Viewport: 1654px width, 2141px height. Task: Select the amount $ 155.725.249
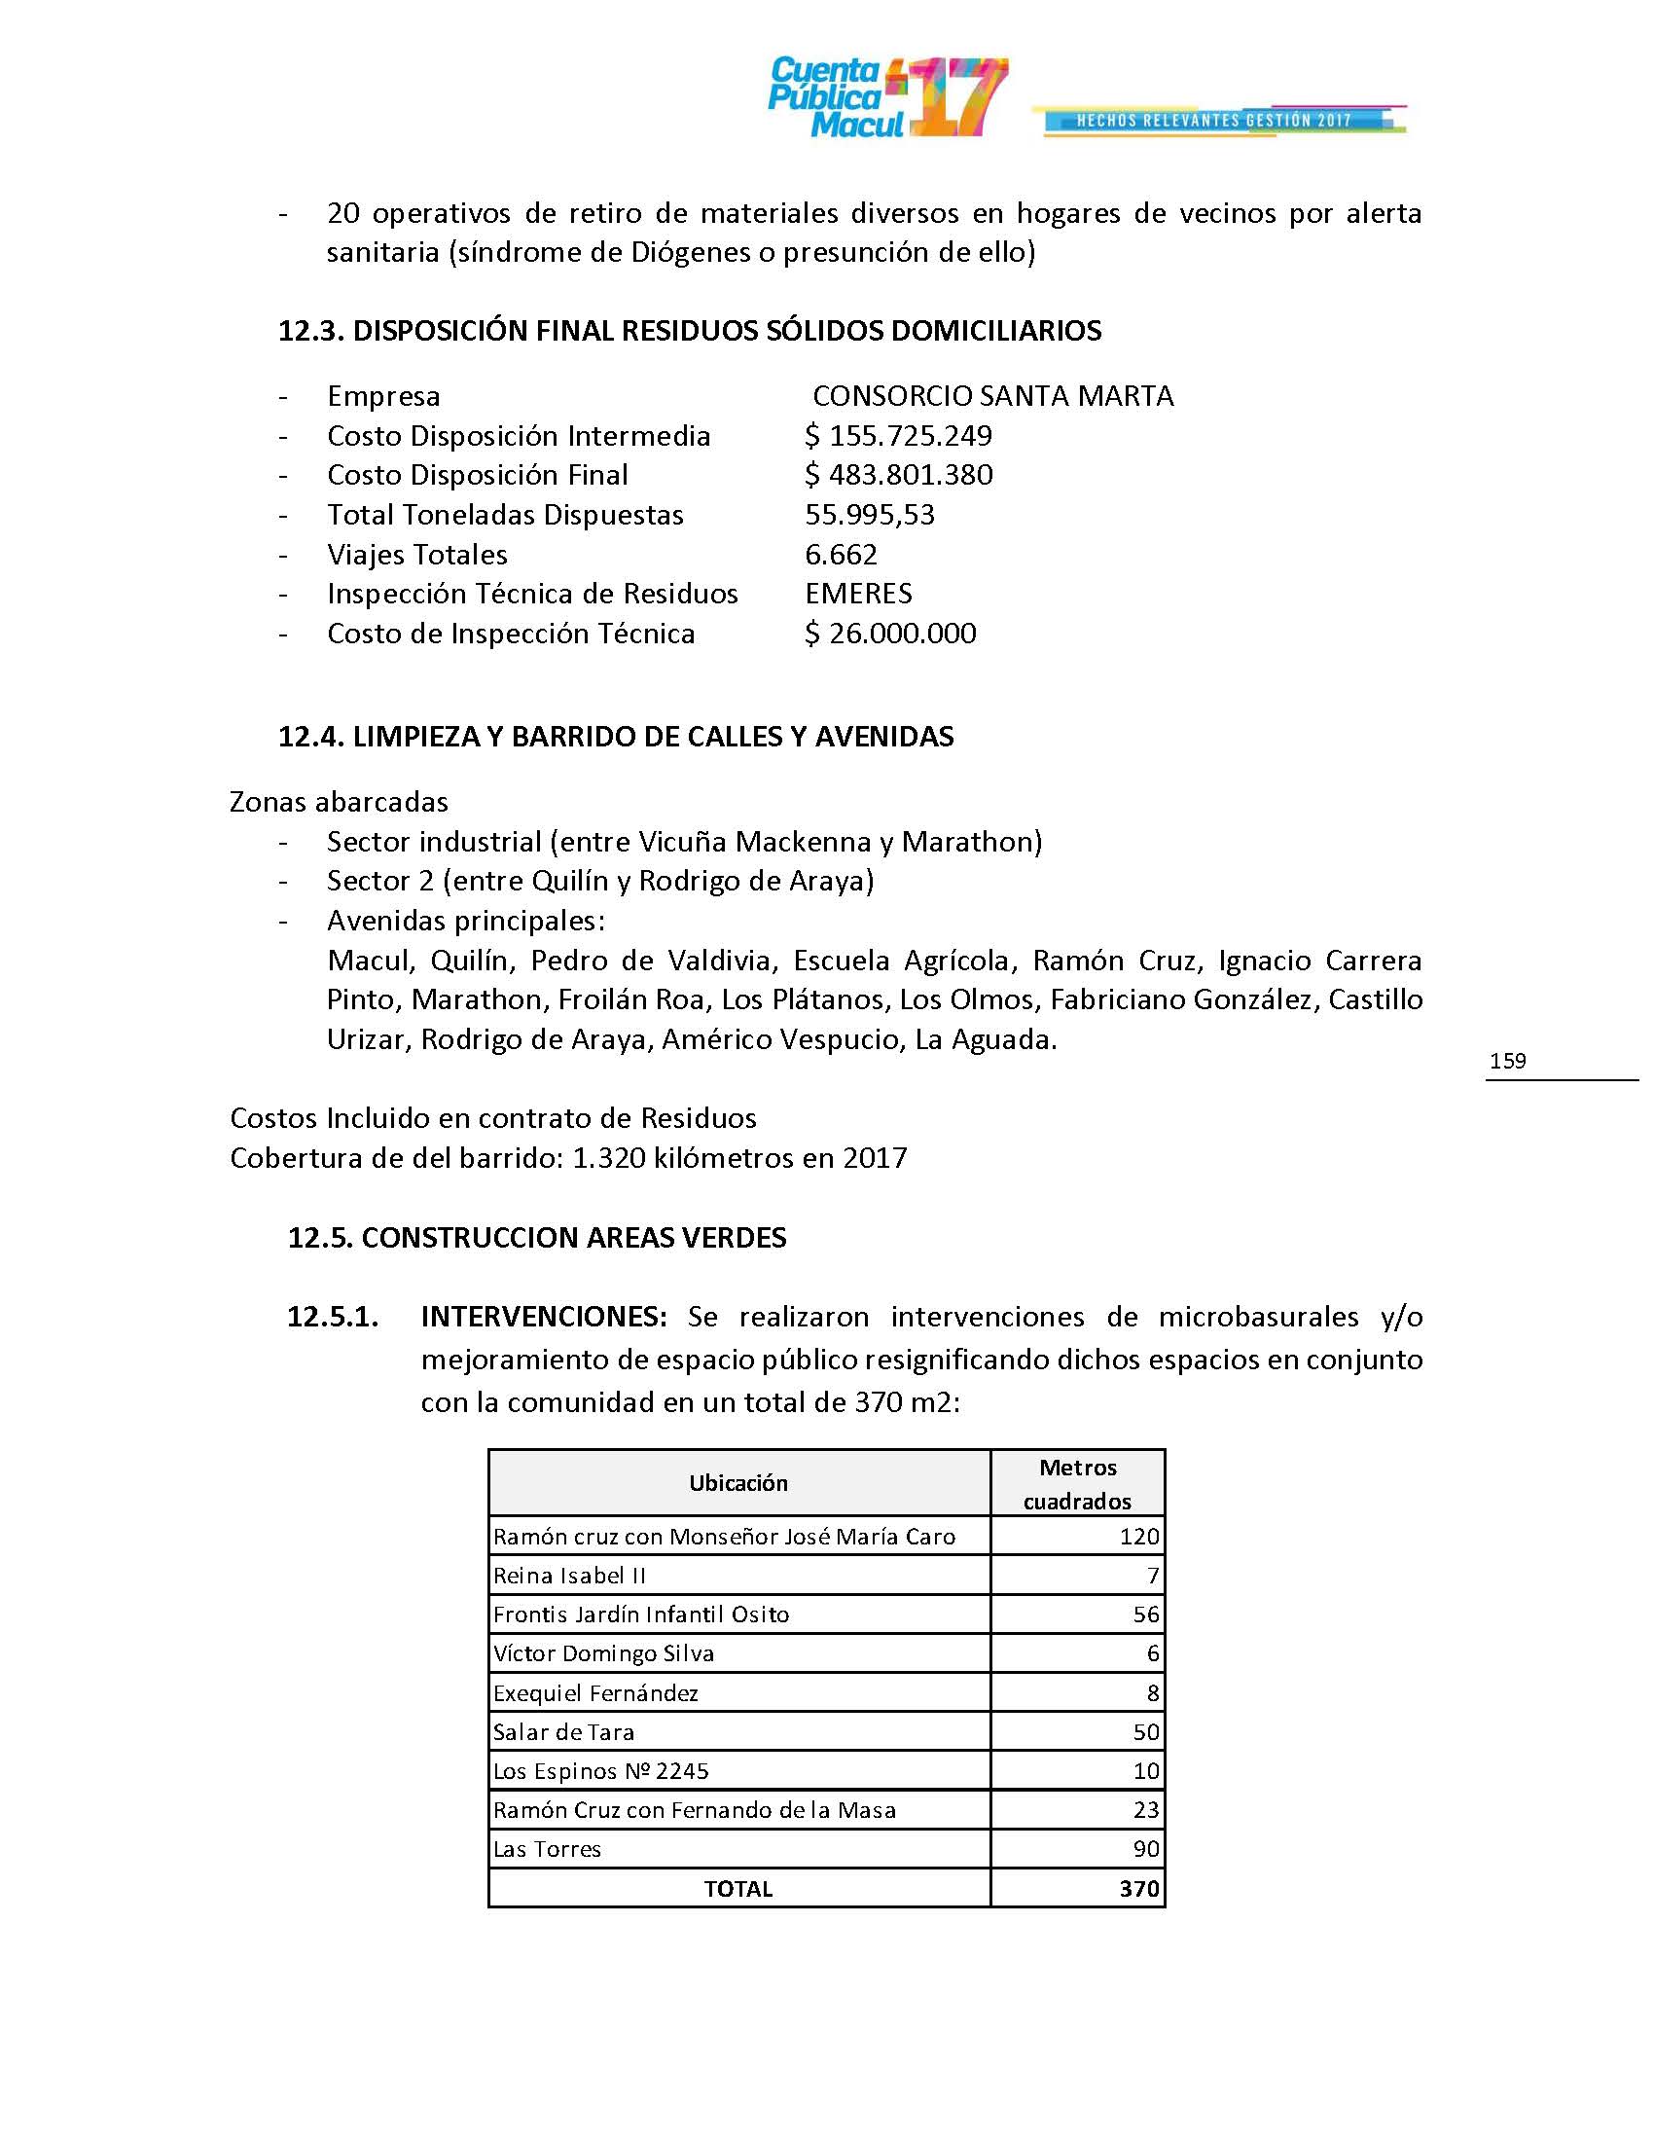[899, 435]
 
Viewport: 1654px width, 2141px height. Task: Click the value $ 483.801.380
[899, 476]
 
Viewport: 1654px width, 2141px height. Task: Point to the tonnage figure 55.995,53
[869, 515]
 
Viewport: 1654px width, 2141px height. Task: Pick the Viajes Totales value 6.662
[841, 555]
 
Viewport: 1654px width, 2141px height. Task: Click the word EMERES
[858, 594]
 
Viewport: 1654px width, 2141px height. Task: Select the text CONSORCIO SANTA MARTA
[992, 396]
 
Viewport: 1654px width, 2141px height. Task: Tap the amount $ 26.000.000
[889, 634]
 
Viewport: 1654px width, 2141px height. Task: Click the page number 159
[1507, 1061]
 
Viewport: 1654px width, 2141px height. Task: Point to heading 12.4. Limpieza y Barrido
[615, 737]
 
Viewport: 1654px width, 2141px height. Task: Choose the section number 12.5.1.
[332, 1317]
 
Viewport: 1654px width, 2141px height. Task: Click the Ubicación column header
[737, 1483]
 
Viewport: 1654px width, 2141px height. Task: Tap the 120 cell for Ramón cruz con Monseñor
[1138, 1536]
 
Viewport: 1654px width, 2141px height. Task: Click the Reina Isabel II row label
[568, 1576]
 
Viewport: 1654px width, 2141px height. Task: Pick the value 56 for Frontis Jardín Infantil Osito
[1145, 1615]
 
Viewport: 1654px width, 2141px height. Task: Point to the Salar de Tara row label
[563, 1732]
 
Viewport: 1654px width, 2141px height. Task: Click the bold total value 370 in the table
[1138, 1889]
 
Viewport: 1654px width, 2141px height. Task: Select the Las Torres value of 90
[1145, 1850]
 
